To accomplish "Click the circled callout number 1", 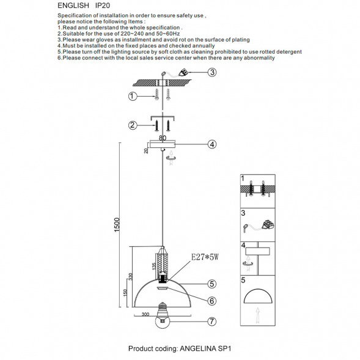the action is click(133, 96).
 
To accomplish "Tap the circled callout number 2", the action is click(133, 125).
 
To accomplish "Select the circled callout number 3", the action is click(212, 72).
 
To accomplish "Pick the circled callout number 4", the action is click(212, 144).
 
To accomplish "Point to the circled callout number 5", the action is click(212, 284).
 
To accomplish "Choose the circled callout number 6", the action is click(212, 301).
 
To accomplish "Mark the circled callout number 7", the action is click(212, 321).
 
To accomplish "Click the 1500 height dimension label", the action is click(117, 225).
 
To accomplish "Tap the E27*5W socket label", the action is click(205, 257).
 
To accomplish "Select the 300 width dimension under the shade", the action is click(145, 314).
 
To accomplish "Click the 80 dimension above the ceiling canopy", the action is click(163, 138).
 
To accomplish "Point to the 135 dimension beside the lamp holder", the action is click(154, 266).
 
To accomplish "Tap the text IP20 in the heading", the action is click(103, 6).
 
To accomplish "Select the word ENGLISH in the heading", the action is click(73, 6).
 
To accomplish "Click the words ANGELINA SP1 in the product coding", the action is click(205, 348).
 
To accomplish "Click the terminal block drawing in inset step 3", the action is click(268, 224).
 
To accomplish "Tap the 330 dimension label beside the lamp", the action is click(130, 276).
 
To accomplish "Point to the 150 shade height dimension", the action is click(125, 293).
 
